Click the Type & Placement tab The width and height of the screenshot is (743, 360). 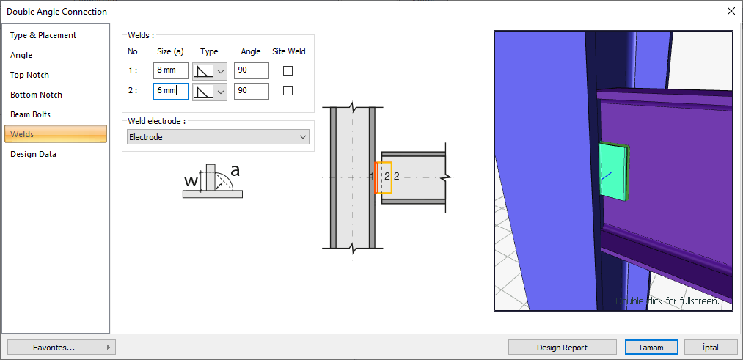click(43, 35)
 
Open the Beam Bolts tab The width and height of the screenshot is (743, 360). click(30, 114)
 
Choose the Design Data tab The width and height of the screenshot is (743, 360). click(33, 154)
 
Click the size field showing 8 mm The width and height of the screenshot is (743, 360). click(171, 71)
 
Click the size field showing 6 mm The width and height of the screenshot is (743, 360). click(171, 91)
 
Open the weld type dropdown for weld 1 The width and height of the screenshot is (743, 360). click(210, 71)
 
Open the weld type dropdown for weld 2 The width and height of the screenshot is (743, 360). click(210, 91)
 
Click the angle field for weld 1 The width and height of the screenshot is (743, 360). click(251, 71)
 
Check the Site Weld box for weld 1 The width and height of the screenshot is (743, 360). click(288, 71)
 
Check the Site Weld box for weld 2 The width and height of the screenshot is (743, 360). click(288, 91)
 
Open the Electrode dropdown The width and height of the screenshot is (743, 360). click(218, 137)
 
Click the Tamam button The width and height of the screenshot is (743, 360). click(651, 348)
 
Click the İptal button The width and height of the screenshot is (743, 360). click(710, 348)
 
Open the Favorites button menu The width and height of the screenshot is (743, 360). click(62, 348)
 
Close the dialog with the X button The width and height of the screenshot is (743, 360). click(731, 11)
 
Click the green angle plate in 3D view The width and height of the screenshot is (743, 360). click(614, 172)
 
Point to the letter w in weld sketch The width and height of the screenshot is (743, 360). click(190, 180)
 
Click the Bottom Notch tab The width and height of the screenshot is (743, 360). click(36, 95)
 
